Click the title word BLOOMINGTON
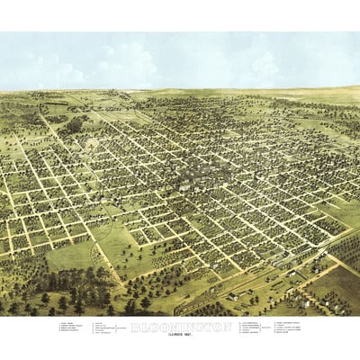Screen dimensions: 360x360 pos(181,326)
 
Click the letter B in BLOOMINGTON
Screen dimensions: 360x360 pos(135,326)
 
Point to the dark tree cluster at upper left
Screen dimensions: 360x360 pos(72,126)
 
